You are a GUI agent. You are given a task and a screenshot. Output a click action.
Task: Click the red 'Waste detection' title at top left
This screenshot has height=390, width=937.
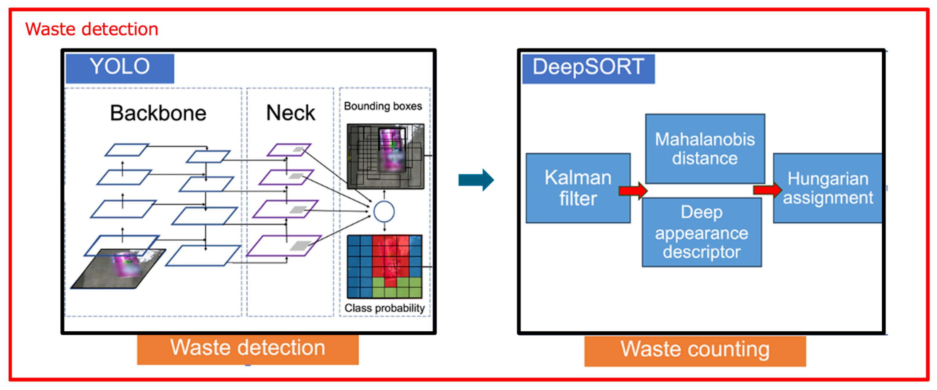[92, 29]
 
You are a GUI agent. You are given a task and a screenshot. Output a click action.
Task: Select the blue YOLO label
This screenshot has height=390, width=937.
[120, 68]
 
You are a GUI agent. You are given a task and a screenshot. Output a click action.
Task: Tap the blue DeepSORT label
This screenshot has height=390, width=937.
[588, 68]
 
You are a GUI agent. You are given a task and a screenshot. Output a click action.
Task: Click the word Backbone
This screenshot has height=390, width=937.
[158, 113]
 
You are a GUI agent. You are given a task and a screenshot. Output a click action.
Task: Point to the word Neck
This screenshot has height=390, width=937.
[290, 113]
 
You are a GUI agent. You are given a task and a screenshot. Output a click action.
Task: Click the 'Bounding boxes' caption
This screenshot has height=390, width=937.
[383, 106]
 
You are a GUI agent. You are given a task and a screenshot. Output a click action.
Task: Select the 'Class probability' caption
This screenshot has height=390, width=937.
[385, 308]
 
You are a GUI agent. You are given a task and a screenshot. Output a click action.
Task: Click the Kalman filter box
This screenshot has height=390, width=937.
[578, 188]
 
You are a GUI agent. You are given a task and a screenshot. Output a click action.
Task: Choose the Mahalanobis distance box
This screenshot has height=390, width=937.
[705, 149]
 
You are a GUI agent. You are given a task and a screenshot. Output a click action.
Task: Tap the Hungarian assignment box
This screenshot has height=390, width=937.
[828, 188]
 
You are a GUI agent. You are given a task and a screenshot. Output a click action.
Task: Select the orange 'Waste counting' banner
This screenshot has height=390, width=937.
[695, 350]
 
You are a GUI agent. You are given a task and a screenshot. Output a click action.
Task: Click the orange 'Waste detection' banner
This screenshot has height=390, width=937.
[248, 349]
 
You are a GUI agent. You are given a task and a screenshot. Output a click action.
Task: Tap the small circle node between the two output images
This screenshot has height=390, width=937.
[384, 211]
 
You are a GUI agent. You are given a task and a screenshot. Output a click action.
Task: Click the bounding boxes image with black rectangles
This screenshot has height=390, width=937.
[385, 156]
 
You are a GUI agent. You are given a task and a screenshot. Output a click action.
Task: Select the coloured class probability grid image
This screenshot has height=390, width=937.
[385, 267]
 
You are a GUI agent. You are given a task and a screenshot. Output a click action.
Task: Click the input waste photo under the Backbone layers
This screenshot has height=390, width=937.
[120, 269]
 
